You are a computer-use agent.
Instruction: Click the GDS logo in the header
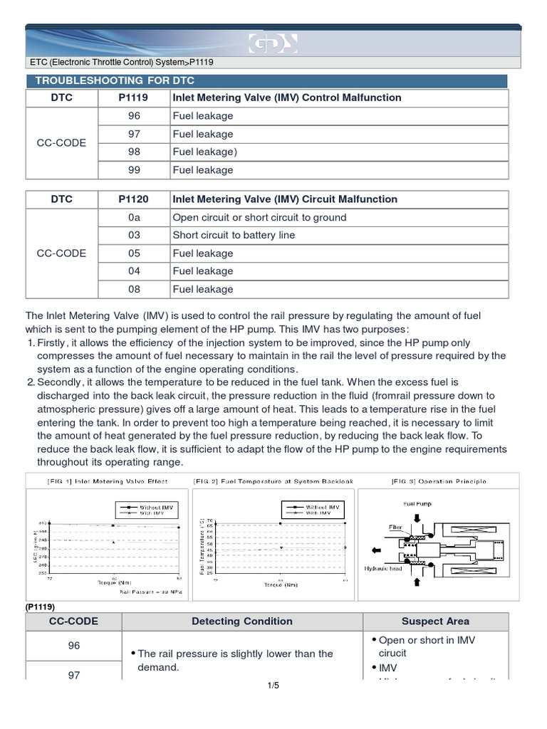(x=273, y=45)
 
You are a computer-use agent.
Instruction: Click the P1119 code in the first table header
(x=134, y=98)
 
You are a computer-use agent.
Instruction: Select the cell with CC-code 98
(x=134, y=152)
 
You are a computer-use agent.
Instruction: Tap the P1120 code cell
(x=134, y=199)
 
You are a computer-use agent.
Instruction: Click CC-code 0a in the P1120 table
(x=134, y=217)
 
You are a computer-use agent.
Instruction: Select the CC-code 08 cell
(x=134, y=289)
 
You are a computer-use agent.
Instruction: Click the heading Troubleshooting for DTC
(x=110, y=80)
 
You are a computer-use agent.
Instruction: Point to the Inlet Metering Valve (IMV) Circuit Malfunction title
(x=285, y=199)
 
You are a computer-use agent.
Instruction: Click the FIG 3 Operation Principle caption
(x=439, y=481)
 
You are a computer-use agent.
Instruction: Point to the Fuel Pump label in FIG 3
(x=418, y=504)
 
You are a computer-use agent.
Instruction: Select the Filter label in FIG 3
(x=395, y=528)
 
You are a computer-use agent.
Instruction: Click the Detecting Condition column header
(x=242, y=621)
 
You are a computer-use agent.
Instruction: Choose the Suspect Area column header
(x=435, y=621)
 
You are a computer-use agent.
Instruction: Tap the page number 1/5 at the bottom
(x=273, y=686)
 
